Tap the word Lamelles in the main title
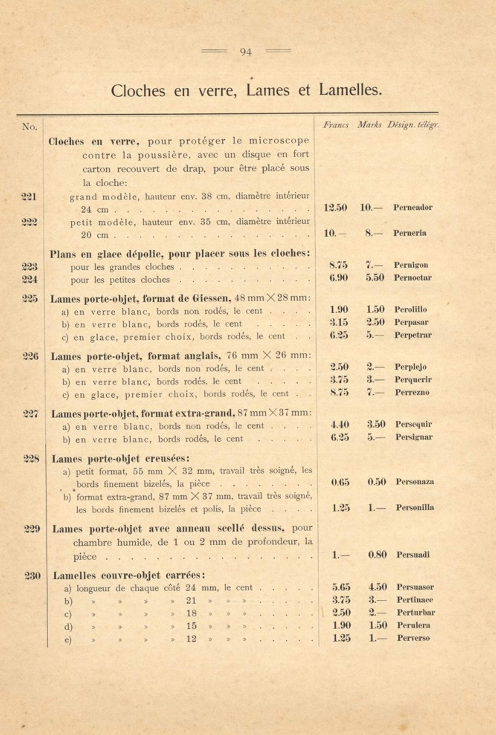click(350, 90)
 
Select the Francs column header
click(336, 125)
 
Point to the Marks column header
click(369, 125)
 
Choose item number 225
click(30, 298)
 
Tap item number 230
click(33, 576)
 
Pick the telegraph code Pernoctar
click(413, 278)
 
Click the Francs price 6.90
click(339, 278)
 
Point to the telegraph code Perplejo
click(410, 367)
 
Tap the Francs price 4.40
click(339, 424)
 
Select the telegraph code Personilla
click(415, 508)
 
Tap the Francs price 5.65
click(341, 587)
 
